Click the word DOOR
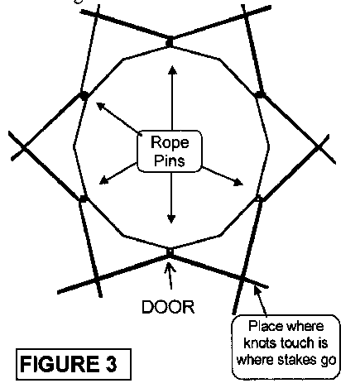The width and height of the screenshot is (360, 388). [168, 307]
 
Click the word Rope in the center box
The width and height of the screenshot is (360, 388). [170, 142]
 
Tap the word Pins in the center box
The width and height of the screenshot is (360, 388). [170, 160]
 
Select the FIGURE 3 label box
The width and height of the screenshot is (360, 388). [74, 364]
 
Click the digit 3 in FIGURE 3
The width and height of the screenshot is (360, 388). [111, 364]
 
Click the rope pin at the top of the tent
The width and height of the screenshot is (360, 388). [170, 43]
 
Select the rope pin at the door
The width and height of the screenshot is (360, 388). [170, 251]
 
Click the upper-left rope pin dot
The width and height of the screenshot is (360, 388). [84, 96]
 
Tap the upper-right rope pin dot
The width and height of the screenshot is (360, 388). [259, 94]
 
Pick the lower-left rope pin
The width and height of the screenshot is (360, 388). [84, 199]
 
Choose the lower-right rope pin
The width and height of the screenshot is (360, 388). [258, 199]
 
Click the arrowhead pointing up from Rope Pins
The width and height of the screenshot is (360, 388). [173, 70]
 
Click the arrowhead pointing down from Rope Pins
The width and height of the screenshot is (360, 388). [171, 218]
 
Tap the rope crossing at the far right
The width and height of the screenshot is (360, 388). [319, 147]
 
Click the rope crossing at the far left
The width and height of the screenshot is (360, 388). [24, 147]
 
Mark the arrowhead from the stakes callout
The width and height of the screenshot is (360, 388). [257, 290]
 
